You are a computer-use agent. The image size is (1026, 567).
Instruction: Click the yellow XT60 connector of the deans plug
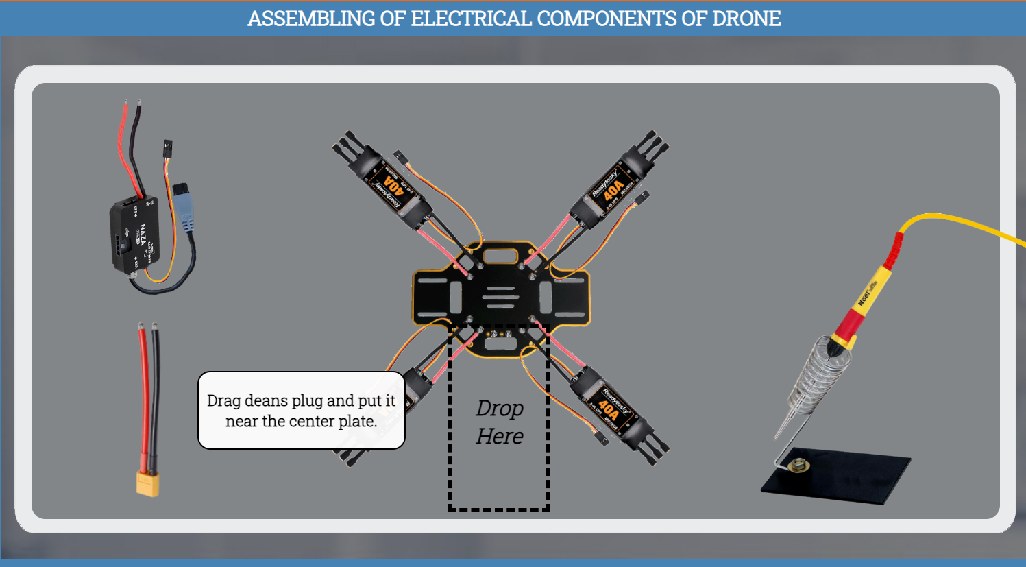point(147,483)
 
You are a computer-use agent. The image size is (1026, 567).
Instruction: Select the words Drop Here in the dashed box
point(500,422)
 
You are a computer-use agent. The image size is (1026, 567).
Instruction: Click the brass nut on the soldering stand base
point(797,466)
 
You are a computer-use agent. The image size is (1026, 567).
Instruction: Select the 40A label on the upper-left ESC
point(393,184)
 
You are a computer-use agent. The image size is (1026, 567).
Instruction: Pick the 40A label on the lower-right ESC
point(608,407)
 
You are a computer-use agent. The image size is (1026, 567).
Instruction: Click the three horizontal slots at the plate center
point(501,297)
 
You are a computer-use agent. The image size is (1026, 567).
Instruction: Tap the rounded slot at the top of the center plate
point(500,256)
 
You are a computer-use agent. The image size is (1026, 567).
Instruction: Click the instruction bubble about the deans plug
point(302,411)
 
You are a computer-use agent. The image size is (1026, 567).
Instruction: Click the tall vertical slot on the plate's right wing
point(546,298)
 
